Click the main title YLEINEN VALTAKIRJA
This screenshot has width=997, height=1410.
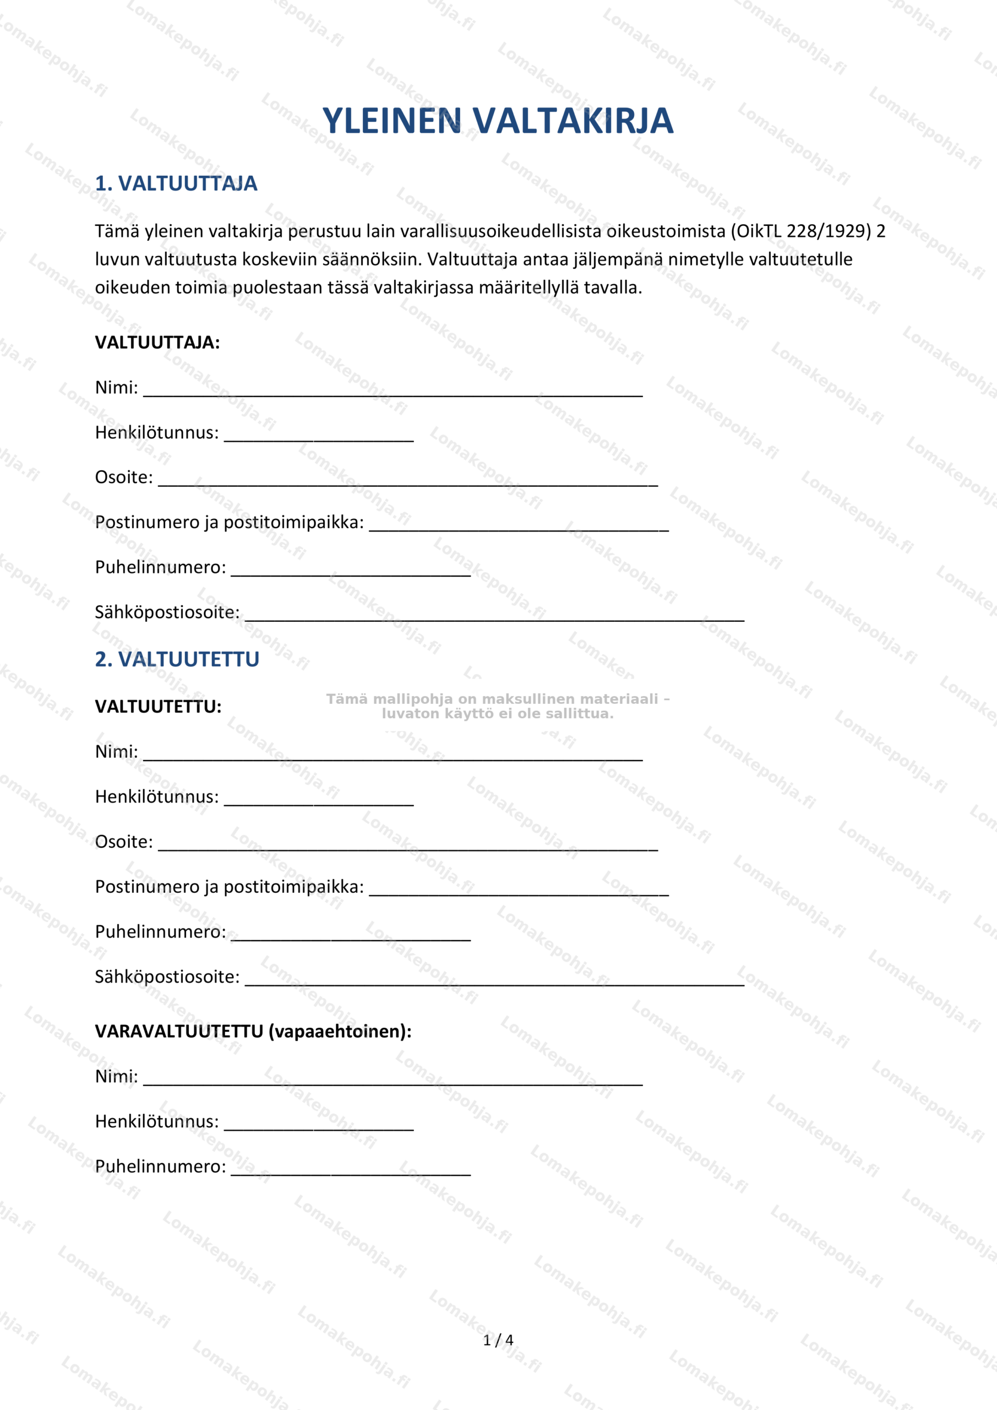498,121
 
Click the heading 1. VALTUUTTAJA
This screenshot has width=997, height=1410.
176,183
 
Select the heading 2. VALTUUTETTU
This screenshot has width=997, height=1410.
177,659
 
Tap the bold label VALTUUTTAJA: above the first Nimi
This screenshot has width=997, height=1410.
157,342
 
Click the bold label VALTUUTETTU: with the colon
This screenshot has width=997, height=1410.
158,706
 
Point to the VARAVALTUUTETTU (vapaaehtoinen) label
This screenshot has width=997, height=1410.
253,1031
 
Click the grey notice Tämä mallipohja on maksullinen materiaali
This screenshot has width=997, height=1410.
497,706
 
